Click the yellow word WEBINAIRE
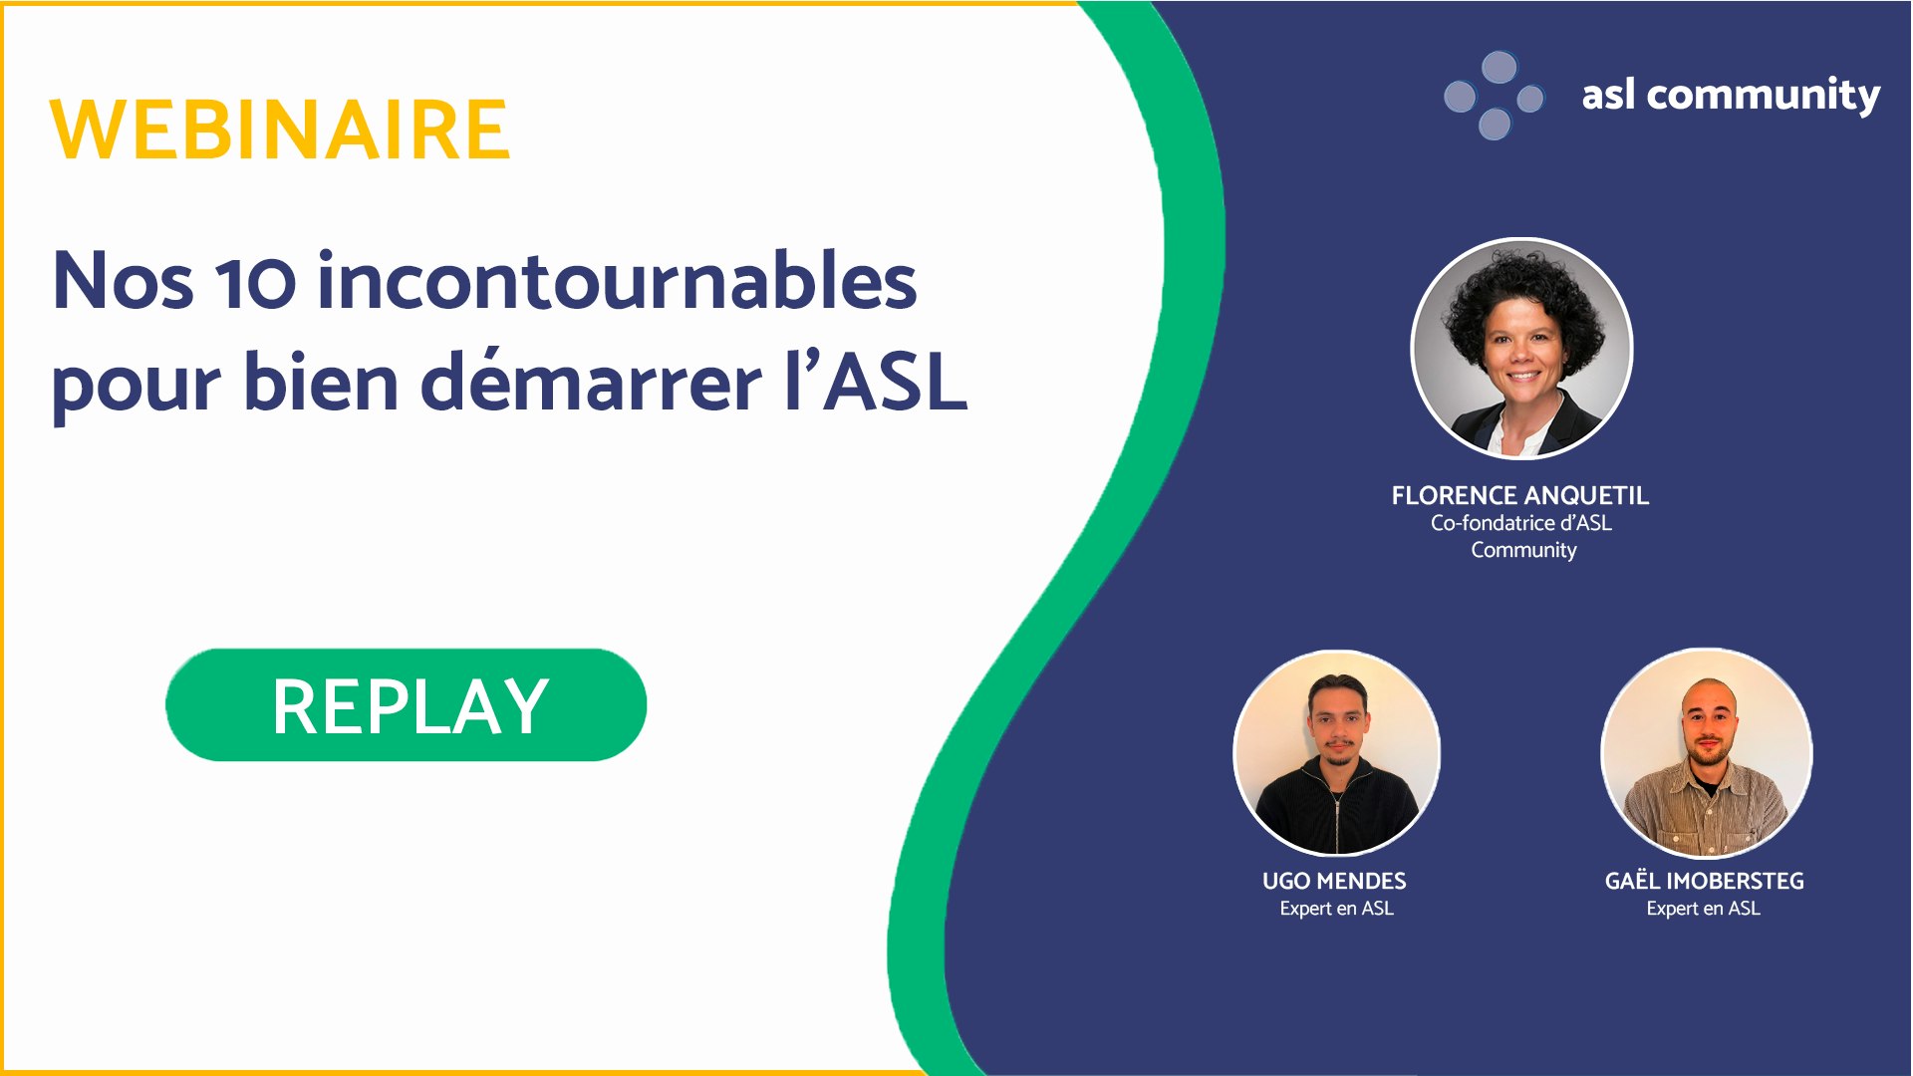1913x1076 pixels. [x=280, y=130]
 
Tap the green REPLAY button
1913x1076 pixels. [x=406, y=705]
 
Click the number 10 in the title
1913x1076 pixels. [x=256, y=282]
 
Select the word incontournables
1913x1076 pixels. [x=617, y=282]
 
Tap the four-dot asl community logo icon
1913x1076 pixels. [x=1494, y=96]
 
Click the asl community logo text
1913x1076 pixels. [x=1731, y=96]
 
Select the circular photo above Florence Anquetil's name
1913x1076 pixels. [x=1521, y=349]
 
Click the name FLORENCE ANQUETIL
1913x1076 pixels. [x=1519, y=495]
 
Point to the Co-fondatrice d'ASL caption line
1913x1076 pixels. [x=1520, y=523]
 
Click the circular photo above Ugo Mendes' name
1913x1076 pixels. [x=1336, y=753]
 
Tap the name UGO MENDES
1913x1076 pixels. [x=1334, y=881]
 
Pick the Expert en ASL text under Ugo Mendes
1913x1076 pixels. [x=1336, y=909]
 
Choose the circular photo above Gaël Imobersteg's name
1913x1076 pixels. [x=1706, y=753]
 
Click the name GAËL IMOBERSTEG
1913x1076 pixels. [x=1704, y=881]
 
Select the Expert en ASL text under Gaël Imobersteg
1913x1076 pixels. [x=1703, y=909]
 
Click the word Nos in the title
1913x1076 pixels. [x=123, y=282]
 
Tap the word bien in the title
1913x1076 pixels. [x=321, y=383]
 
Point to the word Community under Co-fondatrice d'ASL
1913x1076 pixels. [x=1523, y=550]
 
